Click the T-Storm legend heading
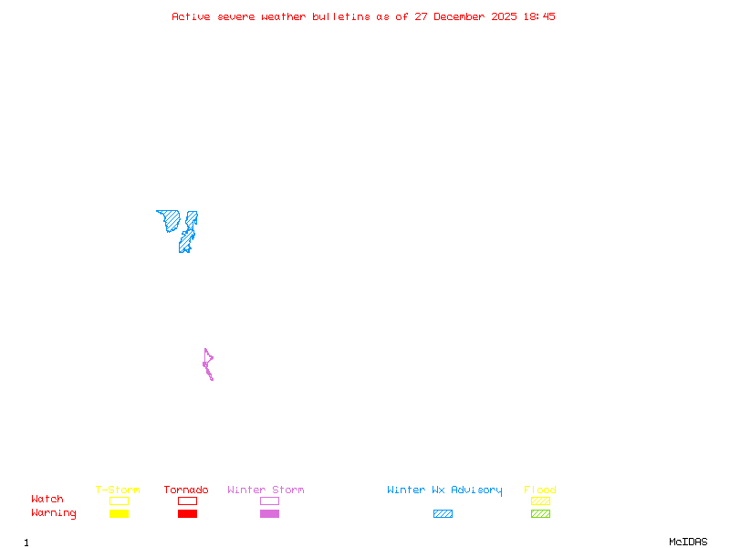[x=118, y=490]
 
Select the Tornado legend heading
[x=186, y=490]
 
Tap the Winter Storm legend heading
[x=266, y=490]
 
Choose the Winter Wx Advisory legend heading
[x=444, y=490]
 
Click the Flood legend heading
[x=540, y=490]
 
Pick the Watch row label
[x=47, y=500]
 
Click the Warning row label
[x=53, y=513]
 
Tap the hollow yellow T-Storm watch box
[x=119, y=501]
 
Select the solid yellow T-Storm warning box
[x=119, y=513]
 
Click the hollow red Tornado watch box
[x=187, y=501]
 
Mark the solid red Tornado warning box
[x=187, y=513]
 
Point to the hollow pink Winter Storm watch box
[x=269, y=501]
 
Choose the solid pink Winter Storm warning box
[x=269, y=513]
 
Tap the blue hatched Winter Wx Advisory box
[x=443, y=513]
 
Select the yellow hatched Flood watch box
[x=540, y=501]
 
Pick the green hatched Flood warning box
[x=540, y=513]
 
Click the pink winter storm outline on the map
[x=207, y=364]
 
